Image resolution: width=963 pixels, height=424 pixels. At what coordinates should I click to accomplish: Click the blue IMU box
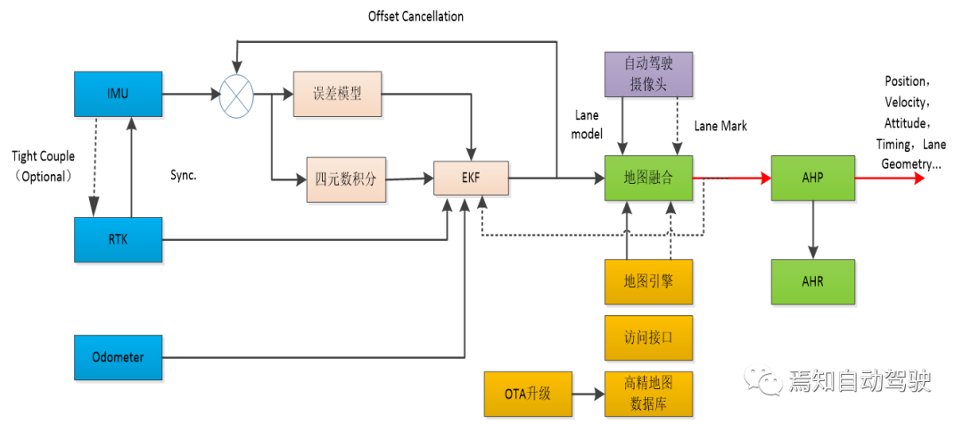(x=118, y=94)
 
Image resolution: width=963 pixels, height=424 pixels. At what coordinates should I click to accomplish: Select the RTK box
(x=118, y=239)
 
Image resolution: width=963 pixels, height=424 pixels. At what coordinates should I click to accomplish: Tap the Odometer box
(x=118, y=357)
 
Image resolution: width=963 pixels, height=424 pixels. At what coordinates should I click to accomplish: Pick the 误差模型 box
(x=338, y=94)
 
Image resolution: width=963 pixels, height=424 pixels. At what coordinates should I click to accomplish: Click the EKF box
(x=471, y=179)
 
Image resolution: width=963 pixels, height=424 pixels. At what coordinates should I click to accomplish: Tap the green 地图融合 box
(x=648, y=178)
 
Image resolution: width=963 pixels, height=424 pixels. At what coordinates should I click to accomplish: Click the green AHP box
(x=812, y=178)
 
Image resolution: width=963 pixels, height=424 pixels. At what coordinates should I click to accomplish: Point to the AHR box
(x=812, y=282)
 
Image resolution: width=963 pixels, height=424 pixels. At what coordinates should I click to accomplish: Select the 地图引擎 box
(x=648, y=282)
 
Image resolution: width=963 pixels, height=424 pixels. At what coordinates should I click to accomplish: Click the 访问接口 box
(x=648, y=337)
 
